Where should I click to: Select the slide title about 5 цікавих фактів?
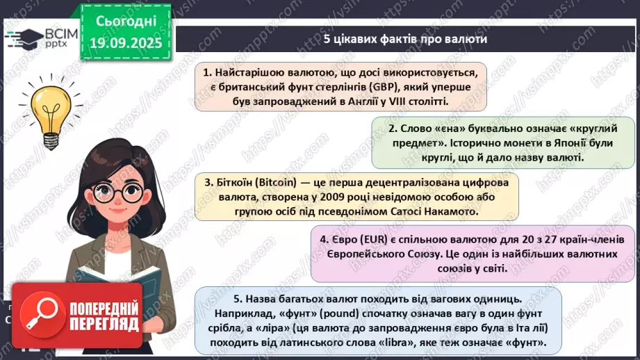pos(405,39)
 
